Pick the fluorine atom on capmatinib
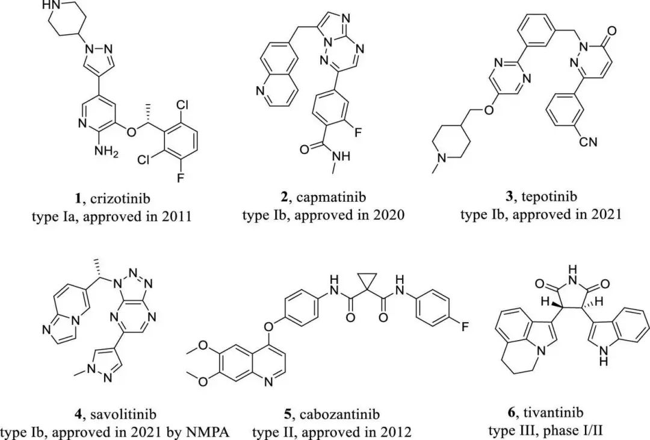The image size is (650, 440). tap(357, 132)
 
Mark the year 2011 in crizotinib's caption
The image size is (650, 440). tap(176, 215)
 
